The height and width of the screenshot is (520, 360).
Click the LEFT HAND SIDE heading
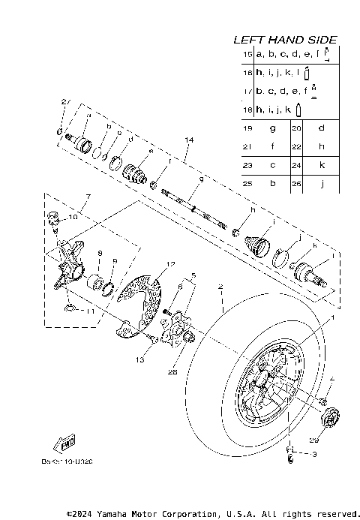pos(285,39)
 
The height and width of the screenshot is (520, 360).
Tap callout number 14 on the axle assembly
pos(187,140)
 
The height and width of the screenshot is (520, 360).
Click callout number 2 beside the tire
pos(220,287)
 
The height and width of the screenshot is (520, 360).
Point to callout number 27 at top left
pos(65,101)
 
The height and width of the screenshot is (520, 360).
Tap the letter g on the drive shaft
pos(180,179)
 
